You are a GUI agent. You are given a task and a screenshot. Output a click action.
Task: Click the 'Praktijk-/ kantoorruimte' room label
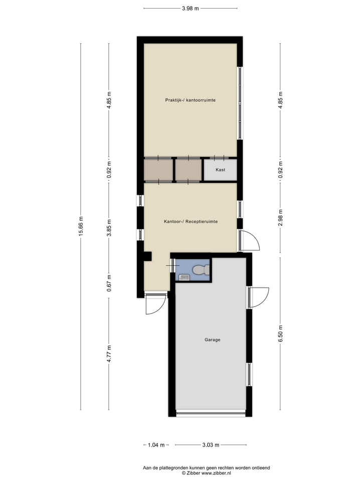pyautogui.click(x=191, y=100)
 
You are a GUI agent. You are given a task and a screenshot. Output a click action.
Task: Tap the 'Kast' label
pyautogui.click(x=220, y=170)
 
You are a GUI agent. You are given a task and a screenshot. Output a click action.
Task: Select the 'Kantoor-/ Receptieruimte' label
pyautogui.click(x=191, y=221)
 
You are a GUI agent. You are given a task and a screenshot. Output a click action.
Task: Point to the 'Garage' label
pyautogui.click(x=212, y=340)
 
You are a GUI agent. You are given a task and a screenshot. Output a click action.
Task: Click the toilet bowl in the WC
pyautogui.click(x=200, y=270)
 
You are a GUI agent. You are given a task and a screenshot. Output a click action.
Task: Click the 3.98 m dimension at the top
pyautogui.click(x=191, y=9)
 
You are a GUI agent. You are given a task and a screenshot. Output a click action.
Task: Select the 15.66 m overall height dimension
pyautogui.click(x=81, y=226)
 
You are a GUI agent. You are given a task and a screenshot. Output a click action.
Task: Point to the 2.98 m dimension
pyautogui.click(x=280, y=218)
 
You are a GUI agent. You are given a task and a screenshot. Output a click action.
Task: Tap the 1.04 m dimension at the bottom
pyautogui.click(x=156, y=444)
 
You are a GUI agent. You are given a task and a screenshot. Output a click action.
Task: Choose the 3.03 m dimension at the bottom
pyautogui.click(x=211, y=444)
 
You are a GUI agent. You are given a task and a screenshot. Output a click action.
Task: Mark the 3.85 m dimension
pyautogui.click(x=109, y=227)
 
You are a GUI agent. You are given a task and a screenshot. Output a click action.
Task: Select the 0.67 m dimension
pyautogui.click(x=109, y=283)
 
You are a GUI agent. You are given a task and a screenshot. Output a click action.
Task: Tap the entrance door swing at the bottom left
pyautogui.click(x=155, y=304)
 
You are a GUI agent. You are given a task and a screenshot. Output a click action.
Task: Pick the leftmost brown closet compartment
pyautogui.click(x=158, y=170)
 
